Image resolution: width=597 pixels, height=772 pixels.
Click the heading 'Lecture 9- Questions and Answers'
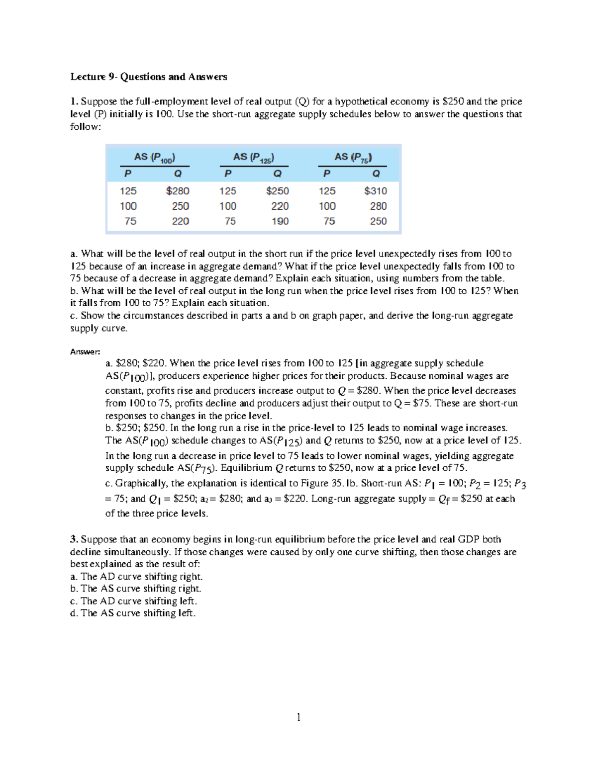148,77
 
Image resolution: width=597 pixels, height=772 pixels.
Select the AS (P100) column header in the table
154,157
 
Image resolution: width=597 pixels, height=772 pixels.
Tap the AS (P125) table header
253,157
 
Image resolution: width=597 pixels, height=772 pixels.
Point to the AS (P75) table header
353,157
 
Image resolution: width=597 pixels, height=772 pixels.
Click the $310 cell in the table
376,191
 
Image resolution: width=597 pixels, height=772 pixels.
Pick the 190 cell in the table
280,221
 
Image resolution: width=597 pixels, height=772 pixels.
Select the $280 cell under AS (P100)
178,191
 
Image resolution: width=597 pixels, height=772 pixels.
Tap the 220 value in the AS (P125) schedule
280,206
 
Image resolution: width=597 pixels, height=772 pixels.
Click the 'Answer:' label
85,352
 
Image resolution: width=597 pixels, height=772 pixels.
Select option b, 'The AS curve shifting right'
136,589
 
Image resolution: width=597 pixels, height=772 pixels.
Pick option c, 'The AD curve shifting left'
134,601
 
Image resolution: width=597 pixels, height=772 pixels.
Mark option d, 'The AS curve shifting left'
133,613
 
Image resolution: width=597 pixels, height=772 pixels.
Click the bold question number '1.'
74,101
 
